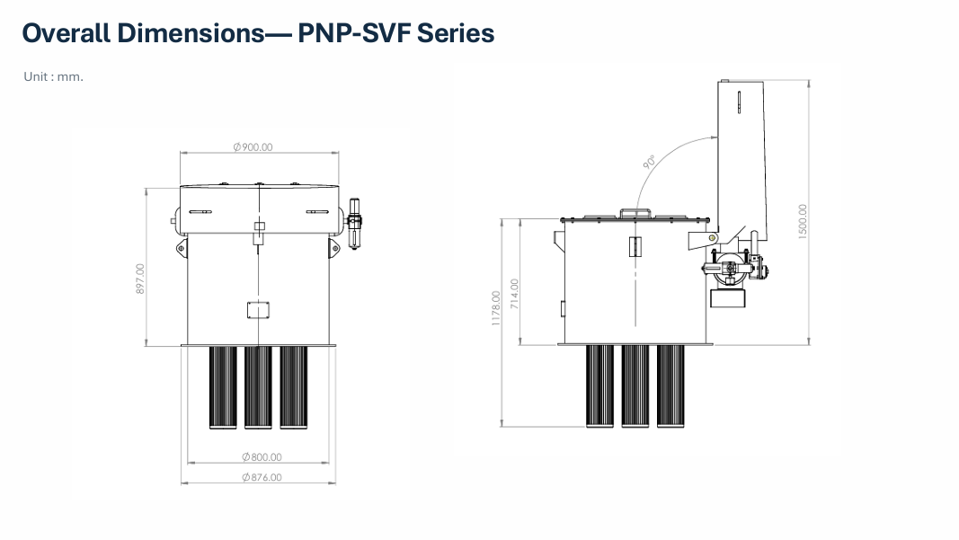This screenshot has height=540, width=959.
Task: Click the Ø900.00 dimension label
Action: point(253,147)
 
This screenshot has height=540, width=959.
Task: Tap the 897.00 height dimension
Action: point(140,279)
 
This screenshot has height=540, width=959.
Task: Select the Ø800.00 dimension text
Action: point(262,456)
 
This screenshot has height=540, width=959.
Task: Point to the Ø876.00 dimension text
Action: point(262,477)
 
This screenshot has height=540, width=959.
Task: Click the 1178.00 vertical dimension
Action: point(496,308)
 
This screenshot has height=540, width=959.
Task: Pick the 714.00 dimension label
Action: point(514,294)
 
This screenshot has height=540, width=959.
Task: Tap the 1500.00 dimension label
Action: point(803,221)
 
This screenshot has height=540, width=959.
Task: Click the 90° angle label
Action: point(650,162)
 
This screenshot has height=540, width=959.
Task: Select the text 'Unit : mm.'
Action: point(53,76)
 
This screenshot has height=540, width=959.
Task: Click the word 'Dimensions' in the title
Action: point(191,33)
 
